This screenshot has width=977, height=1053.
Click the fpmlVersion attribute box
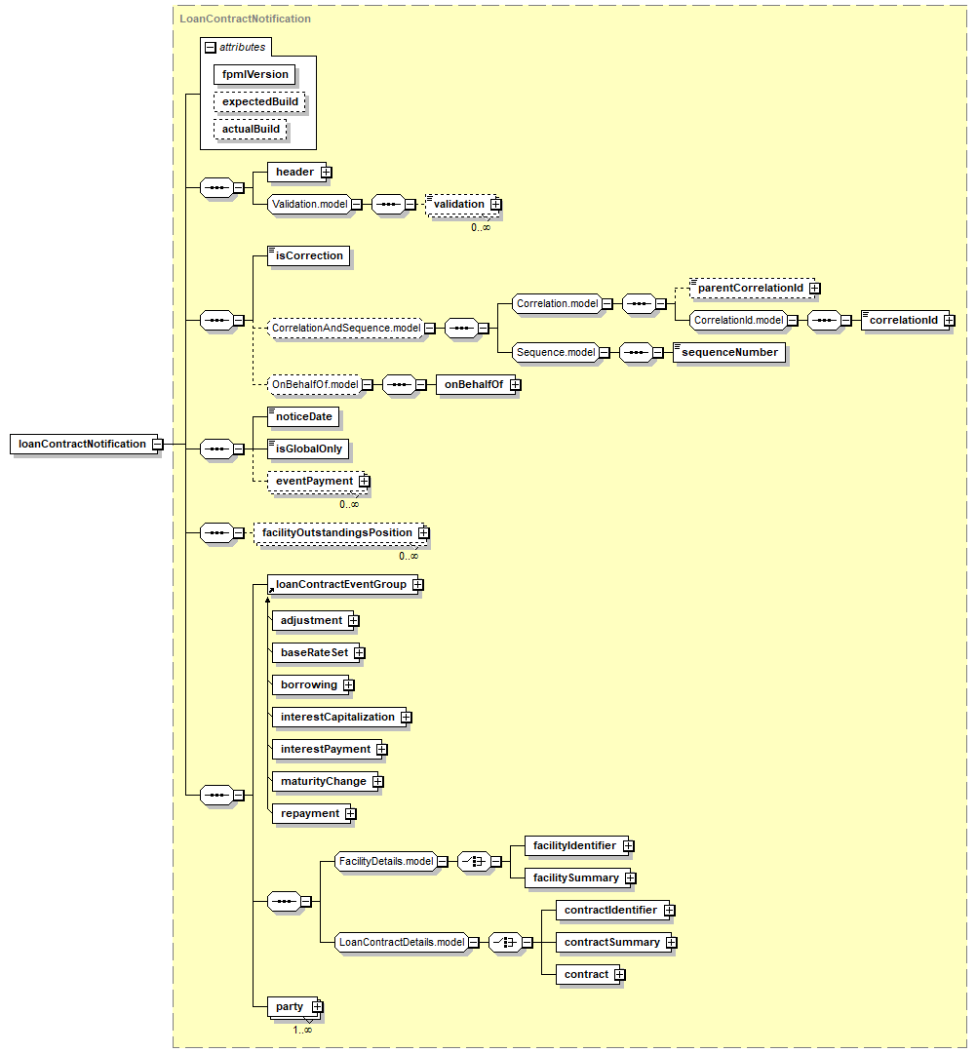[254, 74]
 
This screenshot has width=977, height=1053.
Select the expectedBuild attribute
[259, 101]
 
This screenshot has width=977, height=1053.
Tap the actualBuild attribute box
[251, 129]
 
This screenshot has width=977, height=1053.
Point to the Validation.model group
[309, 204]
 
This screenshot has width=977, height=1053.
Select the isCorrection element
[308, 255]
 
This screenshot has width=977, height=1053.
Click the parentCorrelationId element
[752, 288]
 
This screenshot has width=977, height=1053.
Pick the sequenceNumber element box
[729, 353]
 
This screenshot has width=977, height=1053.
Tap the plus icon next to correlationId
[949, 321]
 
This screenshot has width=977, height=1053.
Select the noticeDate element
[303, 417]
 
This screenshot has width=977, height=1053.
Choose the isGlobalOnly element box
[307, 449]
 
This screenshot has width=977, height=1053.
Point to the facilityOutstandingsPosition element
[339, 533]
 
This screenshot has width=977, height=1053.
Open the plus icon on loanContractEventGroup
[417, 585]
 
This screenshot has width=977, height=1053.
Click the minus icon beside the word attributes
[211, 48]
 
